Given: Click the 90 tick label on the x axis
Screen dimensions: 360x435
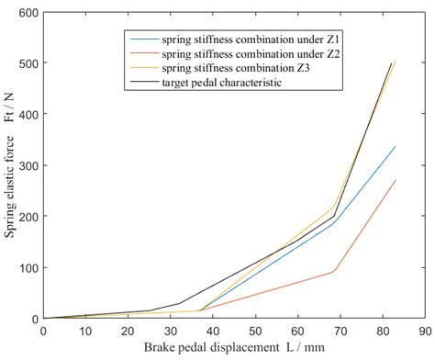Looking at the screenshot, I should coord(423,329).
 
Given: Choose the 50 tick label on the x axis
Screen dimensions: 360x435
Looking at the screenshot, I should coord(254,329).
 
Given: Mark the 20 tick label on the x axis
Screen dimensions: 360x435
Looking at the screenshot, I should coord(128,329).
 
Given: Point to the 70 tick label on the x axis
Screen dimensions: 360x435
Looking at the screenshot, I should coord(339,329).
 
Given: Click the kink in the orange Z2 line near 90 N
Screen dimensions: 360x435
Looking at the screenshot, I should coord(332,272).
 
